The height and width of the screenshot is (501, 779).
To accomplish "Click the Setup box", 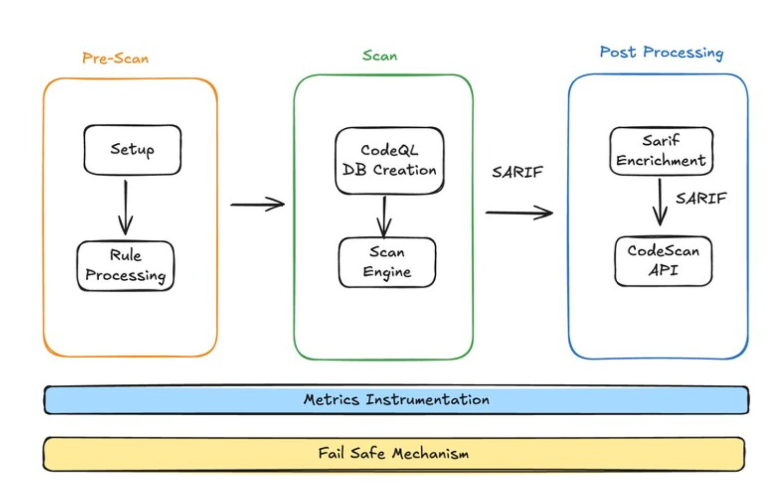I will click(x=132, y=149).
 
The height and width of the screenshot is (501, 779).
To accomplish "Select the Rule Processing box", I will click(x=125, y=265).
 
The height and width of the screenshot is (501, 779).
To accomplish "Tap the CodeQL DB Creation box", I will click(x=389, y=160).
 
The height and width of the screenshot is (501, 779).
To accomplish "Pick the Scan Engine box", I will click(x=387, y=262).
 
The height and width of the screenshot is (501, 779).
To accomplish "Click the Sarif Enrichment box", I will click(x=661, y=150).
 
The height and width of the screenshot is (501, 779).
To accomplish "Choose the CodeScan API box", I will click(x=663, y=260).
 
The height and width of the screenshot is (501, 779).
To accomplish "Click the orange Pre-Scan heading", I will click(x=116, y=58).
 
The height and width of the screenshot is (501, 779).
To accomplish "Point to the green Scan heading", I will click(x=380, y=55).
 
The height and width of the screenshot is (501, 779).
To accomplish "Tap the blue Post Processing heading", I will click(x=661, y=52).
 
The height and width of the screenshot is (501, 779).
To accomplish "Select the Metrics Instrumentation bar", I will click(x=396, y=399).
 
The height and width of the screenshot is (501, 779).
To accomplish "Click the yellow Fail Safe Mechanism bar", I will click(x=394, y=453).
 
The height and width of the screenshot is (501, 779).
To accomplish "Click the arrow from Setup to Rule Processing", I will click(x=125, y=207).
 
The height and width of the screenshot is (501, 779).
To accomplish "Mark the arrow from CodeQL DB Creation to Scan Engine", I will click(x=384, y=216).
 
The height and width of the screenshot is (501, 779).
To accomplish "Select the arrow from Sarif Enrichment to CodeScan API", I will click(x=660, y=202).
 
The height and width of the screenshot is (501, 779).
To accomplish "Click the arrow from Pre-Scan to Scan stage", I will click(x=257, y=204).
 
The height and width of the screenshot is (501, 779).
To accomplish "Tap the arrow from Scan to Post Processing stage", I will click(x=518, y=212).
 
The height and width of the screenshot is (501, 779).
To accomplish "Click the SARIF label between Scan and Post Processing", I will click(x=517, y=172).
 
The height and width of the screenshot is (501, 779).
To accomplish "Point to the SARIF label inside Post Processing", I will click(x=701, y=198).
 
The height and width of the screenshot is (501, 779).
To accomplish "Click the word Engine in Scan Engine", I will click(x=387, y=272).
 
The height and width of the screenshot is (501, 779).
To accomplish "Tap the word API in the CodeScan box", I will click(x=663, y=270).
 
